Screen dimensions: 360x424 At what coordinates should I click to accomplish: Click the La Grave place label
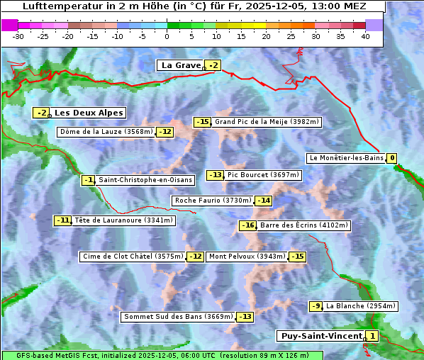[x=182, y=65]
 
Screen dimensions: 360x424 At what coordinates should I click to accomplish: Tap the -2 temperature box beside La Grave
[x=213, y=66]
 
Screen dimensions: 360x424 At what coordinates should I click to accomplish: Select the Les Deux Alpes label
[x=89, y=113]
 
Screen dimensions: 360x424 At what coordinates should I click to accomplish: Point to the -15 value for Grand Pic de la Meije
[x=203, y=122]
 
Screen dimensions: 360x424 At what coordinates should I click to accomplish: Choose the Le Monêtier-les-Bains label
[x=345, y=158]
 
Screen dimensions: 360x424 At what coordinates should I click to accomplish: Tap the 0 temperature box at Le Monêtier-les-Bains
[x=391, y=158]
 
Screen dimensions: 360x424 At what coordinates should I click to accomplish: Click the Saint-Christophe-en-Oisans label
[x=145, y=180]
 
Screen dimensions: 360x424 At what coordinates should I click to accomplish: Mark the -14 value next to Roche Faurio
[x=264, y=201]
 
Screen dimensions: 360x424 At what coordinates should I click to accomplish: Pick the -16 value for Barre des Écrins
[x=247, y=225]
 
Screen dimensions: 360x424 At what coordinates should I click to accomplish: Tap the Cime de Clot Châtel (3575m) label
[x=133, y=257]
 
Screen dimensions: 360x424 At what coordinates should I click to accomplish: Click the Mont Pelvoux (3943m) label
[x=247, y=257]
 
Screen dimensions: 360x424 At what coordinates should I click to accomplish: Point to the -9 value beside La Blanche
[x=316, y=306]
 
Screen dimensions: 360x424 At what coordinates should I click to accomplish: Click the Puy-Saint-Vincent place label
[x=320, y=336]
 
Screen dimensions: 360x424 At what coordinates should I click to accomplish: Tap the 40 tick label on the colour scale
[x=365, y=36]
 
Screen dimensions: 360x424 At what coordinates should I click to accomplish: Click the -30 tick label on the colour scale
[x=18, y=36]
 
